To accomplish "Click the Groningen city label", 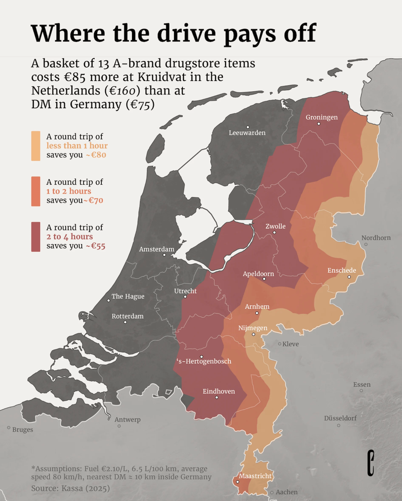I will (x=321, y=117).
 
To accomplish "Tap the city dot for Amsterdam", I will (x=164, y=255).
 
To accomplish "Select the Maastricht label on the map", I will (x=255, y=476).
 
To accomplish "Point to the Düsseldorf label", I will (x=340, y=418).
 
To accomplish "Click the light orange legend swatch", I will (x=36, y=146).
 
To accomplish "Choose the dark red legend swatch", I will (x=36, y=237).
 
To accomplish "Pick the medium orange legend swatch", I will (x=36, y=191).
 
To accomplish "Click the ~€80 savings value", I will (x=96, y=155).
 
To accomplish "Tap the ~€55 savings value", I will (x=96, y=246).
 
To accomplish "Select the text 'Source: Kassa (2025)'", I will (x=70, y=488).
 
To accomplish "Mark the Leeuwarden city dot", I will (x=248, y=127).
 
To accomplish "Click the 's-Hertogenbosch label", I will (x=204, y=361).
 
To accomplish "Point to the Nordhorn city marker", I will (x=366, y=244).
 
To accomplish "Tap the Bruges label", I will (x=22, y=430).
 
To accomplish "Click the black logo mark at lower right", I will (x=370, y=463).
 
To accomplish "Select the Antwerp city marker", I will (x=119, y=426).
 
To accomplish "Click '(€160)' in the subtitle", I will (x=122, y=91).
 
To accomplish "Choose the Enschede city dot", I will (x=349, y=277).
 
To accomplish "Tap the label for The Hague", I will (x=128, y=296).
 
